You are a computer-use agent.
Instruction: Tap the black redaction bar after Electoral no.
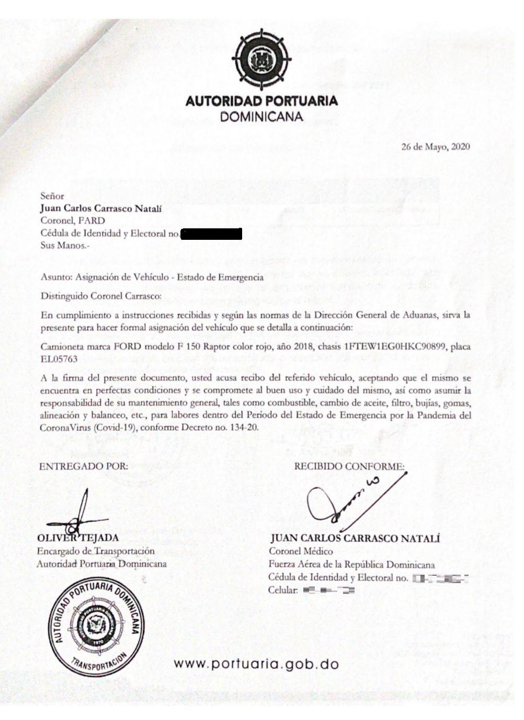tap(211, 234)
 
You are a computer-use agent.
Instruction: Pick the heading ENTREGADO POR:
tap(84, 466)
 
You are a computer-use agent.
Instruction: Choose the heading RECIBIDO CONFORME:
tap(349, 466)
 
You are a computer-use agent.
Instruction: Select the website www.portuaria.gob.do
tap(256, 665)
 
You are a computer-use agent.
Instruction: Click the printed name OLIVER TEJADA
tap(78, 538)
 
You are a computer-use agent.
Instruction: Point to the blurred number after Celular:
tap(328, 591)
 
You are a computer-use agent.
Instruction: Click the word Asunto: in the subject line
tap(56, 277)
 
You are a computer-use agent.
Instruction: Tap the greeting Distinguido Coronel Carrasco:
tap(101, 295)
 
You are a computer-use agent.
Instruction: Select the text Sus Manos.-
tap(62, 245)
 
